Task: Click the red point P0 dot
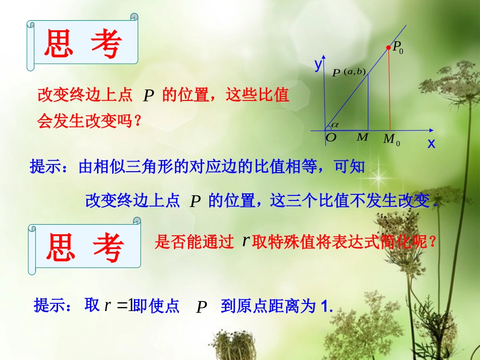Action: [388, 48]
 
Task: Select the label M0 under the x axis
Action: [391, 139]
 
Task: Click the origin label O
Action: [331, 138]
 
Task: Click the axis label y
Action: [318, 64]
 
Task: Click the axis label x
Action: [431, 143]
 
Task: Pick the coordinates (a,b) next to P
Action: [354, 71]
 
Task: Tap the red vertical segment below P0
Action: [389, 91]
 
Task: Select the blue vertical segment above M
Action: [368, 101]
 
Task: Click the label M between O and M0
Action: [362, 137]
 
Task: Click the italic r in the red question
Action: [246, 241]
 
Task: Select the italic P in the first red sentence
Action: [148, 96]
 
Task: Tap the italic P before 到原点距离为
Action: [202, 307]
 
